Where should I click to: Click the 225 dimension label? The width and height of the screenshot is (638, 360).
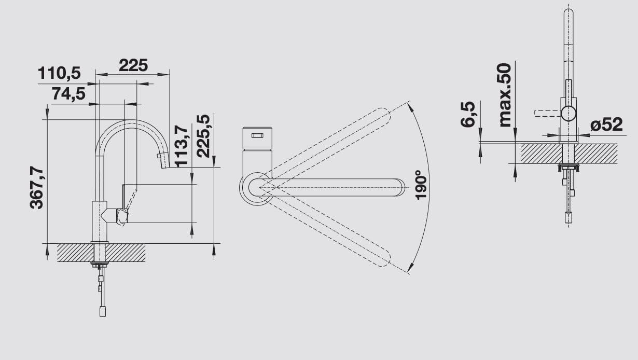(133, 65)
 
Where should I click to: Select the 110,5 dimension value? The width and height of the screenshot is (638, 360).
(59, 74)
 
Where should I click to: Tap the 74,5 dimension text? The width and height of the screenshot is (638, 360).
(68, 94)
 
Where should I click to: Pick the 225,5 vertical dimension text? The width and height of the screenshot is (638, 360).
(203, 135)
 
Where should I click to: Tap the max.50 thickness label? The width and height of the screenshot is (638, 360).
(504, 95)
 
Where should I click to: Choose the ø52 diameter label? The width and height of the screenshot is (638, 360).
(606, 124)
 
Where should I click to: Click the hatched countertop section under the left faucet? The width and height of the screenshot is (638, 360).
(124, 253)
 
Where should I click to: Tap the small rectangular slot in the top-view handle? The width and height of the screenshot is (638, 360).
(257, 136)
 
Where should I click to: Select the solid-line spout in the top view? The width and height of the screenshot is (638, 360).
(337, 187)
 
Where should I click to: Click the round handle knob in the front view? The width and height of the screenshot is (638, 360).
(568, 113)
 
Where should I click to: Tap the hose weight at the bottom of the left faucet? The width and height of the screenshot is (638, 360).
(103, 311)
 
